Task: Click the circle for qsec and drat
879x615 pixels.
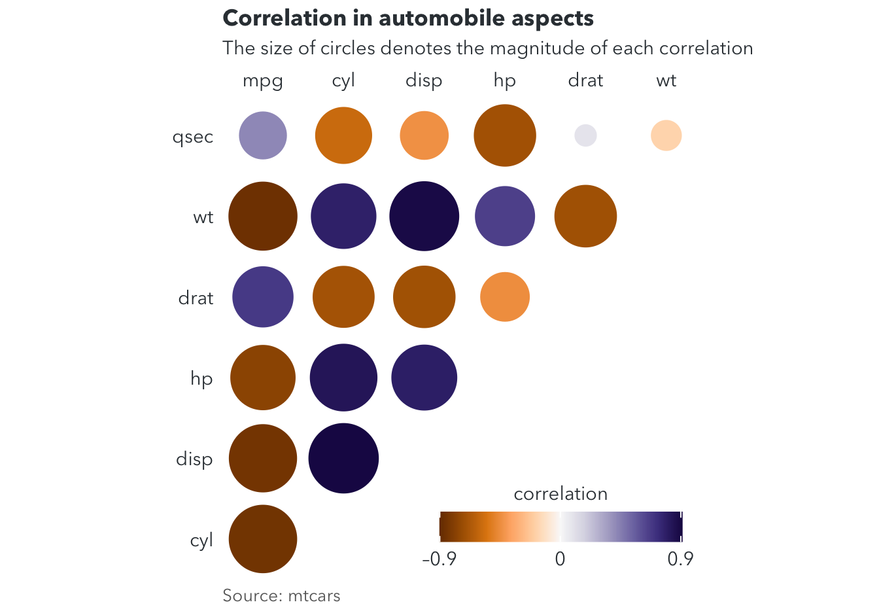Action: click(x=585, y=135)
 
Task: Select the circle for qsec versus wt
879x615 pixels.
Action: click(x=666, y=135)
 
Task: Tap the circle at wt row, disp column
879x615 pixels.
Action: click(x=424, y=216)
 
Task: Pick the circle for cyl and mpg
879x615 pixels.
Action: click(x=263, y=539)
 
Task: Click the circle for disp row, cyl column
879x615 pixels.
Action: click(x=343, y=458)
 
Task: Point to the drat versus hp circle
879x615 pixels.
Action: click(x=505, y=297)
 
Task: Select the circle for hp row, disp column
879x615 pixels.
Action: click(x=424, y=378)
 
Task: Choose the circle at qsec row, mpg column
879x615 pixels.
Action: click(x=263, y=135)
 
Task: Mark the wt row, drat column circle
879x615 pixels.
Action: click(x=585, y=216)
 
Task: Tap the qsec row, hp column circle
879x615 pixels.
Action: click(x=505, y=135)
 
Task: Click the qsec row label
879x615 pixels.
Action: click(x=193, y=137)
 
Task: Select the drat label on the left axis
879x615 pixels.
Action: click(x=196, y=298)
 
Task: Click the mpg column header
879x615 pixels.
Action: click(x=262, y=81)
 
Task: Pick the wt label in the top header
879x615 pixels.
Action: click(x=666, y=80)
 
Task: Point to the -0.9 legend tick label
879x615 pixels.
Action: click(x=439, y=559)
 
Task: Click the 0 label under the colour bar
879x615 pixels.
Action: click(x=560, y=559)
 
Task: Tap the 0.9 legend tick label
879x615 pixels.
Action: click(x=680, y=559)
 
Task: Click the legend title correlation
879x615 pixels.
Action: click(x=560, y=493)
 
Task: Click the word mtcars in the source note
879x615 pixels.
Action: click(x=314, y=596)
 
